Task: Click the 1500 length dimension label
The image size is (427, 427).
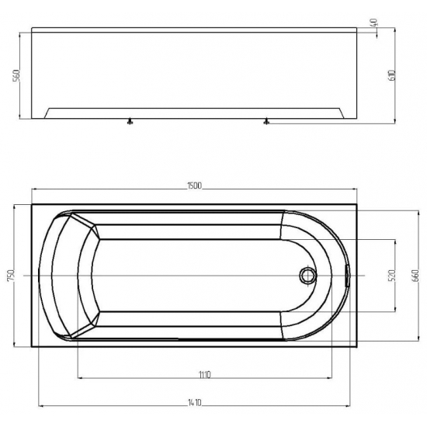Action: tap(194, 186)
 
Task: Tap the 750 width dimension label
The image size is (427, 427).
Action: tap(11, 276)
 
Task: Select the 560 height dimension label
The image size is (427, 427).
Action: tap(16, 76)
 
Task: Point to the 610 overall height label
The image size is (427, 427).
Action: tap(392, 75)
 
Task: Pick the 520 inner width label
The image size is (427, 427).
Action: tap(391, 276)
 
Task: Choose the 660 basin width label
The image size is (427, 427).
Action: tap(415, 276)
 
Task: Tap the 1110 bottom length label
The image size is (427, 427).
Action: tap(204, 375)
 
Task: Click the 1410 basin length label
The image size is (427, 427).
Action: tap(194, 402)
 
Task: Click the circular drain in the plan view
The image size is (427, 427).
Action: tap(308, 276)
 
